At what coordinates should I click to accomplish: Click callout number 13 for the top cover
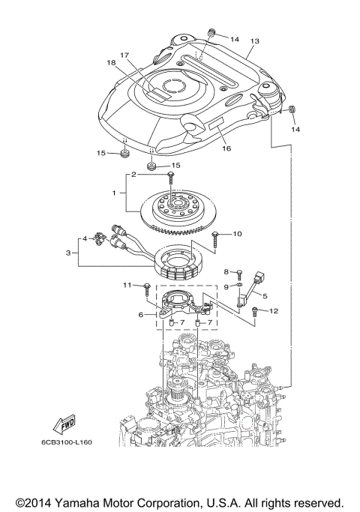(253, 41)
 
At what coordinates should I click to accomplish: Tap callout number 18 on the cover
(111, 63)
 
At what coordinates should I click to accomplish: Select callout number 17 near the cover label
(124, 55)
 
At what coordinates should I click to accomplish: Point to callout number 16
(226, 148)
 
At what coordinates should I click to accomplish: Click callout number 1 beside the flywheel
(114, 193)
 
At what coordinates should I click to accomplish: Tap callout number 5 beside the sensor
(264, 295)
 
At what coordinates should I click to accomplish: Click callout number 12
(273, 310)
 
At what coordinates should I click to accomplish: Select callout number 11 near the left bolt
(127, 285)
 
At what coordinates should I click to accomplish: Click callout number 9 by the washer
(226, 287)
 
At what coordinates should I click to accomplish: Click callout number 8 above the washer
(226, 271)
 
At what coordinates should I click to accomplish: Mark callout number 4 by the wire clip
(85, 239)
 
